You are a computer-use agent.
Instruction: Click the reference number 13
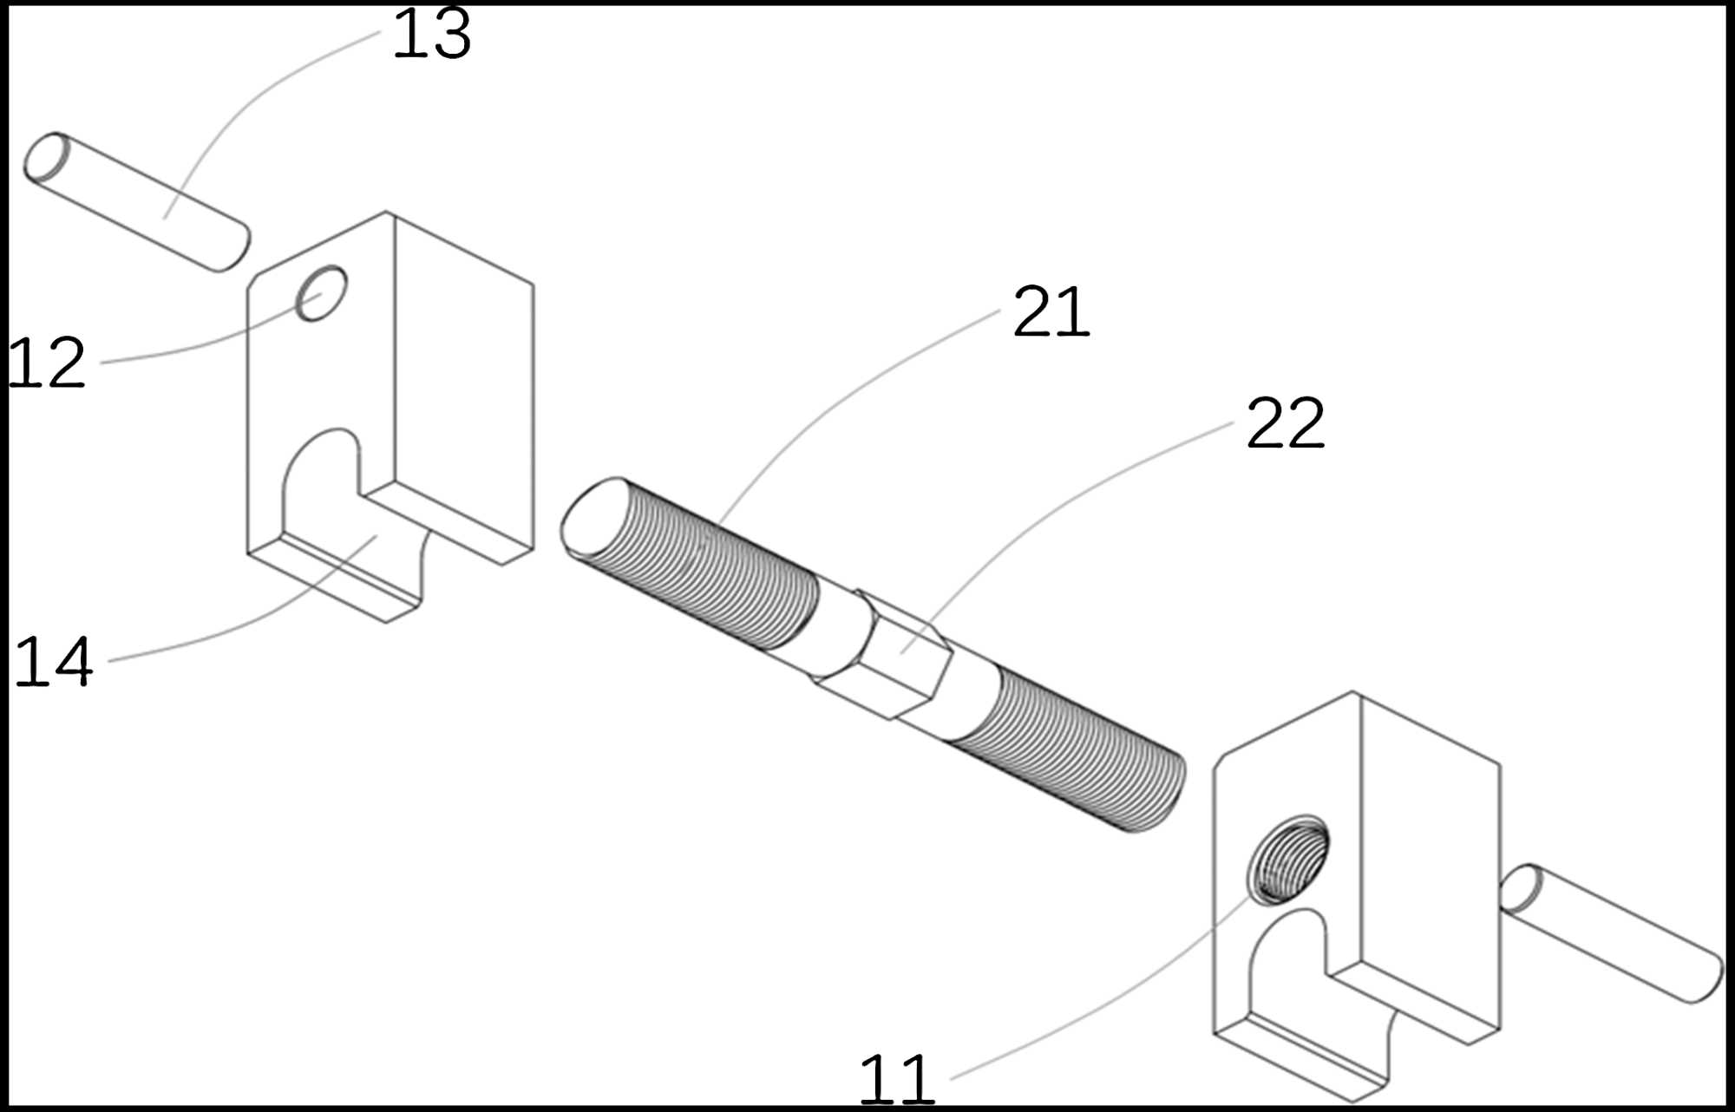[x=432, y=35]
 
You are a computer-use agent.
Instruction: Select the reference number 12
[x=47, y=363]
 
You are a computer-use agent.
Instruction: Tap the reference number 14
[x=54, y=662]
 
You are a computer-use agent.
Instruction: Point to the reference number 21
[x=1051, y=312]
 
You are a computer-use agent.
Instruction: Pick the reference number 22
[x=1286, y=423]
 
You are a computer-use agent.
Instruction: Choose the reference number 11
[x=897, y=1078]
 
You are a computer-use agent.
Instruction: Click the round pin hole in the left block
[x=321, y=293]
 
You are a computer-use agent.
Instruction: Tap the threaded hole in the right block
[x=1288, y=859]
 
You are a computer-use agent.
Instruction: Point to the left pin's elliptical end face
[x=47, y=158]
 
